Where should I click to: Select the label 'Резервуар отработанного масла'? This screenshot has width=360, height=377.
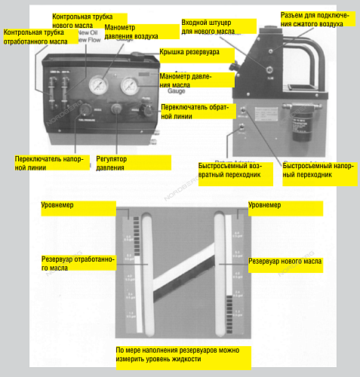[x=78, y=263]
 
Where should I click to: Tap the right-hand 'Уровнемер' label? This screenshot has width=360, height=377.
[x=265, y=204]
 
